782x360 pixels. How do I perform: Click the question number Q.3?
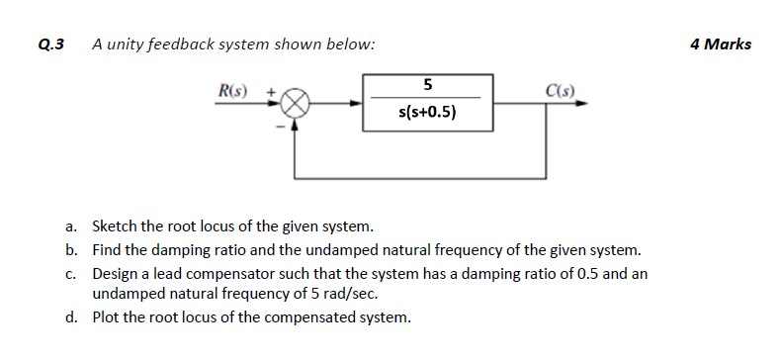(49, 45)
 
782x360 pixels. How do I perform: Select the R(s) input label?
(233, 92)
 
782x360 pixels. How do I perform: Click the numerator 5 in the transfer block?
(426, 83)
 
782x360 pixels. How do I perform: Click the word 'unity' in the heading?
(126, 45)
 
